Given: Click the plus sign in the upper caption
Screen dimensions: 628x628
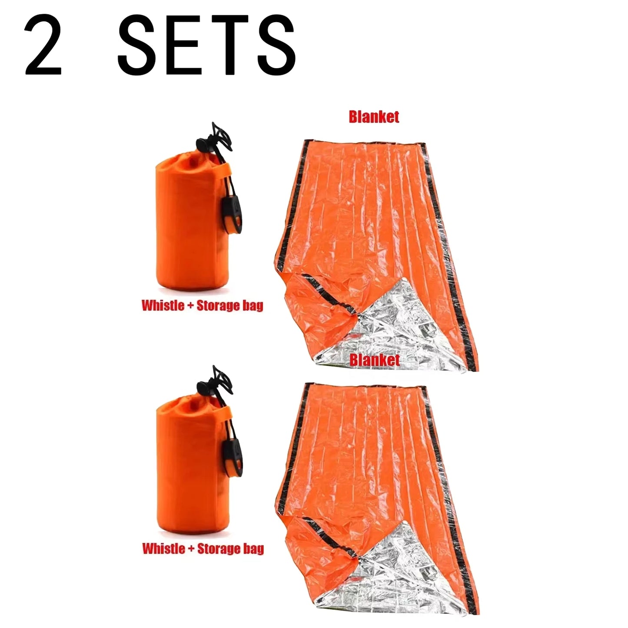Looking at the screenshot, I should pyautogui.click(x=190, y=306).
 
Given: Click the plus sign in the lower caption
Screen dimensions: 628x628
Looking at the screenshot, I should pyautogui.click(x=190, y=548).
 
